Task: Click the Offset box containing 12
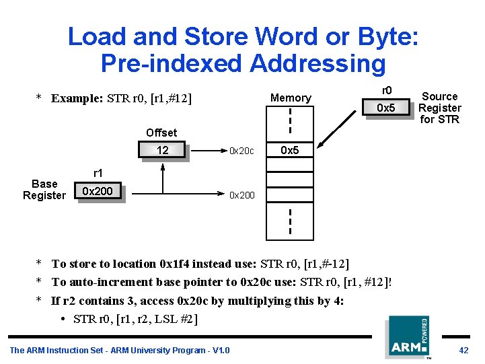(162, 150)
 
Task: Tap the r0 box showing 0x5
(385, 108)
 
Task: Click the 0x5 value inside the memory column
(290, 151)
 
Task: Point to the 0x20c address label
(241, 151)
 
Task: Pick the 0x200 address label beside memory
(242, 195)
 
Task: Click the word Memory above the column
(291, 98)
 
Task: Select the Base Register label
(44, 190)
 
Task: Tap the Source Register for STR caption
(439, 108)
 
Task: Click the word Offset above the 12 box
(161, 133)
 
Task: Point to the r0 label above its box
(387, 90)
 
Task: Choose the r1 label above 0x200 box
(98, 174)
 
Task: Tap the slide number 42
(463, 350)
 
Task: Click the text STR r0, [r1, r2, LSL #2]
(135, 318)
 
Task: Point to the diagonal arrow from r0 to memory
(340, 132)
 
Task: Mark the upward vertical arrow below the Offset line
(163, 178)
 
